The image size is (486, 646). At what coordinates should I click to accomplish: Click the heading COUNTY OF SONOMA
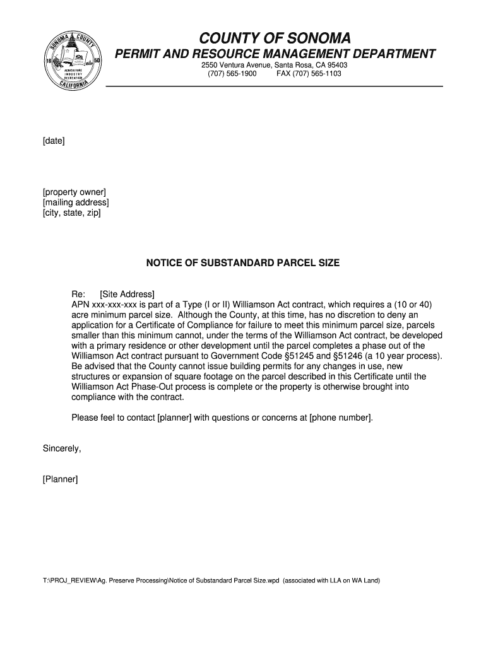coord(275,38)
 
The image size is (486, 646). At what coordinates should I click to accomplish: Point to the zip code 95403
coord(338,65)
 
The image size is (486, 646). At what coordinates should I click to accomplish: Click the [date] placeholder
coord(54,141)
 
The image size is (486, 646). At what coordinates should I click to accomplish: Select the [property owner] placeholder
coord(74,192)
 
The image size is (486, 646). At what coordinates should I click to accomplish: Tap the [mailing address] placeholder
coord(76,203)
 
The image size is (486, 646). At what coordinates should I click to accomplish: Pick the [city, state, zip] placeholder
coord(71,213)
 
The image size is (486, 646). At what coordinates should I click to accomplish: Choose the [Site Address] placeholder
coord(127,294)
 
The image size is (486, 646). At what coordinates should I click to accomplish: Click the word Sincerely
coord(62,449)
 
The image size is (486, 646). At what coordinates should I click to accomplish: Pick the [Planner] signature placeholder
coord(61,479)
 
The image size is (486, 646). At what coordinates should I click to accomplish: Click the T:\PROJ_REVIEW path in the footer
coord(69,580)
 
